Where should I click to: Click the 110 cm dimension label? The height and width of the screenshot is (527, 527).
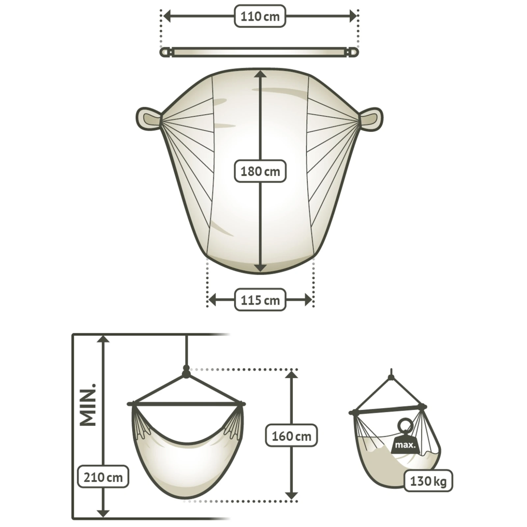260,16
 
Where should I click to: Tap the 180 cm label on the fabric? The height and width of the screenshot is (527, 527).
260,171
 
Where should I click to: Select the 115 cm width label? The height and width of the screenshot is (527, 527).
260,300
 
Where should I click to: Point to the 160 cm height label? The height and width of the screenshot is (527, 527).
291,436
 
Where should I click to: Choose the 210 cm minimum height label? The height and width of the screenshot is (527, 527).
103,477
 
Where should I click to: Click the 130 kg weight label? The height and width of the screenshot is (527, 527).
428,481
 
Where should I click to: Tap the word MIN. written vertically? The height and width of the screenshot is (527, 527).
88,404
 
